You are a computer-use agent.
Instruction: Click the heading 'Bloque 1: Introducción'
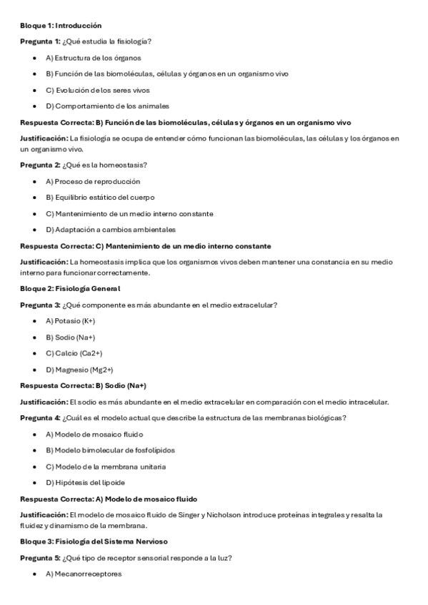[x=61, y=26]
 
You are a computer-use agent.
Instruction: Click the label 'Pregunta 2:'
[x=40, y=165]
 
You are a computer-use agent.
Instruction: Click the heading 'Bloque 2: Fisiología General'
[x=70, y=288]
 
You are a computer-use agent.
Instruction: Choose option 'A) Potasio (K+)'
[x=70, y=321]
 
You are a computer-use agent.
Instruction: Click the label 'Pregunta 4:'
[x=40, y=418]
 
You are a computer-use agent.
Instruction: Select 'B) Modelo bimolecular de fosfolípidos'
[x=110, y=450]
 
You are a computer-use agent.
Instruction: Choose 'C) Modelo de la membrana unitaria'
[x=106, y=467]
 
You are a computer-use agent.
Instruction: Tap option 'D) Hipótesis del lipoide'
[x=85, y=483]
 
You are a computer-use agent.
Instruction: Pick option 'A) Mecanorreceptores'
[x=84, y=574]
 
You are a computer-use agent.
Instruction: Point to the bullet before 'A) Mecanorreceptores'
[x=35, y=574]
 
